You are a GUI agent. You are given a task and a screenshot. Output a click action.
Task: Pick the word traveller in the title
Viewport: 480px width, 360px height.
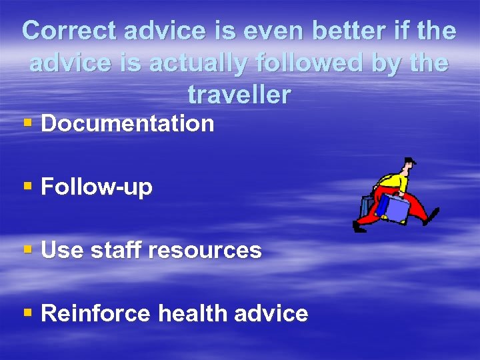(239, 95)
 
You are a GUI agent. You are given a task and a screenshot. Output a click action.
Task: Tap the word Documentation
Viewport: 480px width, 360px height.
(127, 123)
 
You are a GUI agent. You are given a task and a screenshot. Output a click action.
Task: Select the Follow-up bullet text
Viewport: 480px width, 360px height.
(97, 187)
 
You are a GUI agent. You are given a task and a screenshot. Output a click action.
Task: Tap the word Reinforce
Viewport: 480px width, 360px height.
(95, 314)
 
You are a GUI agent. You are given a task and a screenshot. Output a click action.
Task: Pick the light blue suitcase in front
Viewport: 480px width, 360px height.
(396, 210)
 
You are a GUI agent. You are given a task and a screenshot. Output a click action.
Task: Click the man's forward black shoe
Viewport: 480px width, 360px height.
(360, 229)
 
